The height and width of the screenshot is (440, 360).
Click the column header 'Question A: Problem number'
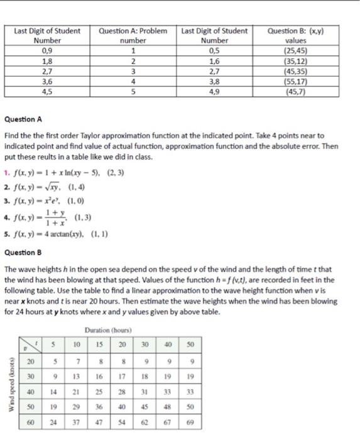point(133,36)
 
